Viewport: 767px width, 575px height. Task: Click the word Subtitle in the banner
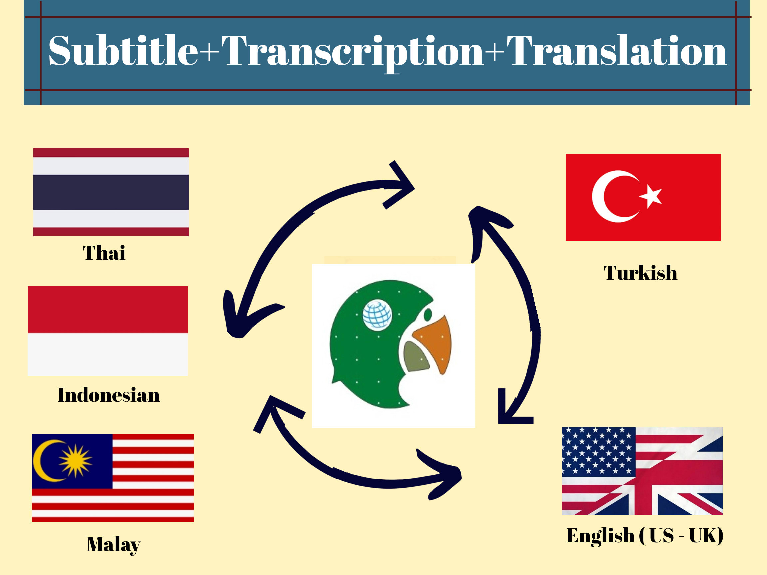tap(123, 50)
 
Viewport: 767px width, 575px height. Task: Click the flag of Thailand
tap(111, 192)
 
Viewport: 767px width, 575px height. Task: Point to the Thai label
tap(104, 252)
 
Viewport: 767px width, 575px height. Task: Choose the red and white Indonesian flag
tap(108, 331)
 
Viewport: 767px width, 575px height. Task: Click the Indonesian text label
tap(109, 395)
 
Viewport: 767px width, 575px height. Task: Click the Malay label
tap(114, 544)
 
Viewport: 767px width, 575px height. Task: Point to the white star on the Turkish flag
tap(651, 196)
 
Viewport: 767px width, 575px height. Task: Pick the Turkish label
tap(640, 273)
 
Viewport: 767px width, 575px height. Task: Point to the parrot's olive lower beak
tap(415, 357)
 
